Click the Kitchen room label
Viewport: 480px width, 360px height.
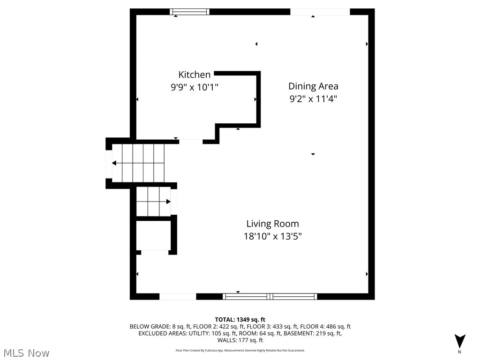[x=194, y=75]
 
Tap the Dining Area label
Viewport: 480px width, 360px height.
[x=313, y=86]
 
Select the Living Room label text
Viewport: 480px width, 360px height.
[x=272, y=224]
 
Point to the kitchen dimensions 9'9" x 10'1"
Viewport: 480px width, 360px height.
[x=194, y=87]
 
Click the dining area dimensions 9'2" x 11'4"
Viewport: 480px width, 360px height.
[x=313, y=99]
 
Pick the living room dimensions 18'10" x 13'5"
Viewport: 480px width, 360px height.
[x=272, y=237]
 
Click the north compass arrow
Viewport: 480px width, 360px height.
[x=460, y=341]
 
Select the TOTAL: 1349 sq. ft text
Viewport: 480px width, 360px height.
[x=240, y=320]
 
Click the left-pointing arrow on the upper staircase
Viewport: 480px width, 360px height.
[x=114, y=163]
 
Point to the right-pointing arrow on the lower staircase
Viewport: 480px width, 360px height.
[x=168, y=202]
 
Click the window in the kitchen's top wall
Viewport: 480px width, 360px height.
[x=189, y=12]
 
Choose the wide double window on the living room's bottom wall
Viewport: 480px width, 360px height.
[x=270, y=296]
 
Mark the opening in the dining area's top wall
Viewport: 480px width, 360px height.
[x=320, y=12]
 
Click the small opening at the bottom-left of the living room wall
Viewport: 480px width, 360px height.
[x=178, y=296]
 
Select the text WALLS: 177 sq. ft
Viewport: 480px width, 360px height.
[x=240, y=340]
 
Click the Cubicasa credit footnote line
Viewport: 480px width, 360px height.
[x=240, y=350]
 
